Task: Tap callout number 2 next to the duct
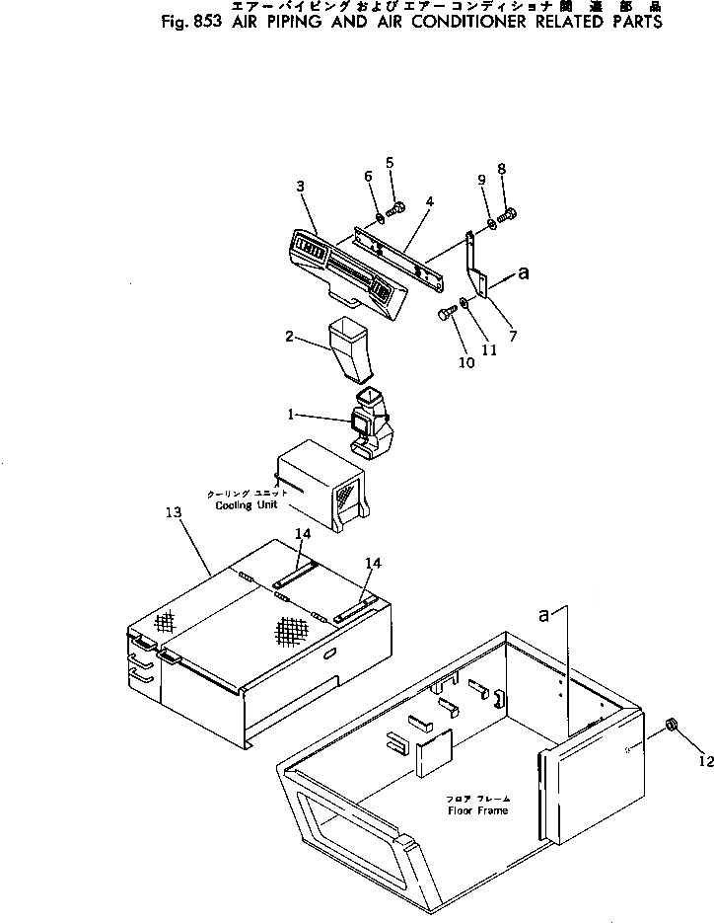pos(290,336)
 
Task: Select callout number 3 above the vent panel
pos(300,186)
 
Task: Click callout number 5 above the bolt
pos(390,162)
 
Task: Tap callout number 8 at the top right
pos(501,169)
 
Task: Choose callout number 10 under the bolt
pos(465,362)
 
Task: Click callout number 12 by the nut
pos(703,760)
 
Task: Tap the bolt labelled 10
pos(445,315)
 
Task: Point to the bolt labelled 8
pos(509,211)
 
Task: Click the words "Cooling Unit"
pos(247,504)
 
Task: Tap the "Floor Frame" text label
pos(478,810)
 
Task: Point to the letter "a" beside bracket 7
pos(524,276)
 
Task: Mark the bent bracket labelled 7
pos(478,271)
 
